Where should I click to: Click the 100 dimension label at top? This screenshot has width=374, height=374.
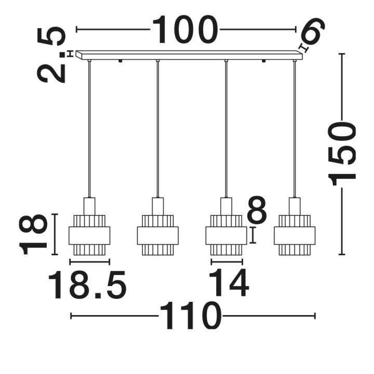[185, 30]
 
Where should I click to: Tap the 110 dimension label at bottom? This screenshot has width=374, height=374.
[190, 316]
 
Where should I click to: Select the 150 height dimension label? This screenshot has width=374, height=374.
[342, 153]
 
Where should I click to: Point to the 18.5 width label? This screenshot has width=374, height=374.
[87, 285]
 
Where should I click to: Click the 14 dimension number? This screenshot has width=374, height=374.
[229, 283]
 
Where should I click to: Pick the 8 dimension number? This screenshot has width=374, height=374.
[257, 210]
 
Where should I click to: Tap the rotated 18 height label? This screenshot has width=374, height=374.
[33, 234]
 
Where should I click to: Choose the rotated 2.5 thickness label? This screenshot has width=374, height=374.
[51, 55]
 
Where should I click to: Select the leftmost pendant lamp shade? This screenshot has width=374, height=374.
[89, 235]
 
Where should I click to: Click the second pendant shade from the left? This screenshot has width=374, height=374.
[158, 235]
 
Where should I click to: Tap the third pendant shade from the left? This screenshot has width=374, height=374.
[226, 235]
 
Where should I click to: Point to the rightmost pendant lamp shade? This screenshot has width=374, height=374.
[295, 235]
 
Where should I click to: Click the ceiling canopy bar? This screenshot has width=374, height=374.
[189, 55]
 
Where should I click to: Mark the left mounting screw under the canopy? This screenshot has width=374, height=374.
[120, 61]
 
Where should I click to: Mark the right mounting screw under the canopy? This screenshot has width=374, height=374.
[263, 61]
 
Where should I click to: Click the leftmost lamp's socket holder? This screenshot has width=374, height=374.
[89, 206]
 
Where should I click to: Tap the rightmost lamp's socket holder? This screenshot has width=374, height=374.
[295, 206]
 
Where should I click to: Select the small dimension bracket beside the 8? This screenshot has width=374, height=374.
[253, 235]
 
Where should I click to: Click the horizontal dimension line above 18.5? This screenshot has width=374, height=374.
[90, 262]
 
